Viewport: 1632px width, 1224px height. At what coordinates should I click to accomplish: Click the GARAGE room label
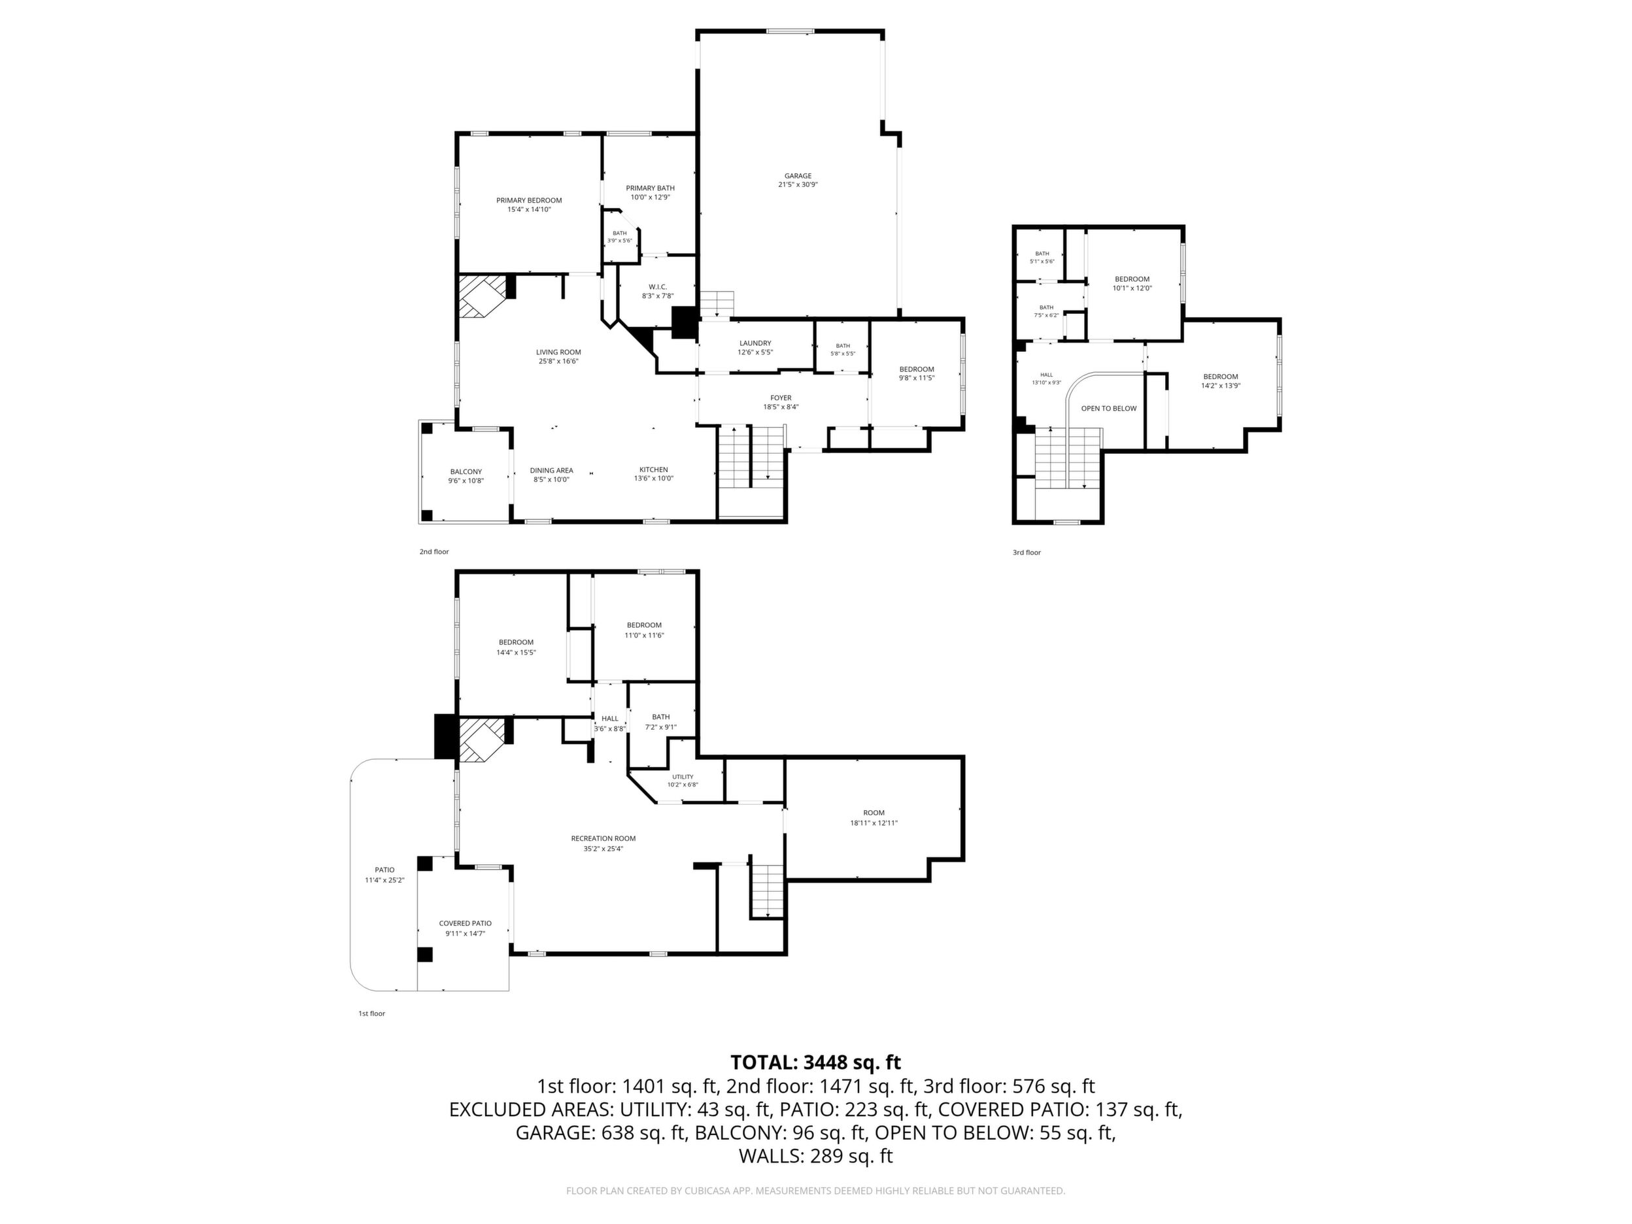(x=798, y=176)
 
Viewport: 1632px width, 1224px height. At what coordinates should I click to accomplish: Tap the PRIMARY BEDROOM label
(x=529, y=200)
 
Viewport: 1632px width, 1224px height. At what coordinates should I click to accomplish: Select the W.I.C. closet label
(x=657, y=286)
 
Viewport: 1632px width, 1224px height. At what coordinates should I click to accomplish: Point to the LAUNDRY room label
(x=755, y=343)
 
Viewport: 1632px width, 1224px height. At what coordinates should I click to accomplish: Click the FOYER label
(x=781, y=398)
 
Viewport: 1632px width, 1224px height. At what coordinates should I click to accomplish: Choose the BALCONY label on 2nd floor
(x=466, y=471)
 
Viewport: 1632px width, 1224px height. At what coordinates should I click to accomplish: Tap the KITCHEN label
(x=654, y=469)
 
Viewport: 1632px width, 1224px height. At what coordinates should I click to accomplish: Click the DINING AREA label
(x=551, y=470)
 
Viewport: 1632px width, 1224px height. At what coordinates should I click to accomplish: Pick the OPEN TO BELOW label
(x=1109, y=408)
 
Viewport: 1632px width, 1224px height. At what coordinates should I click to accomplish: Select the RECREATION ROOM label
(x=603, y=838)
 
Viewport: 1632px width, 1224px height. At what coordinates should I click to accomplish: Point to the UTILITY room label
(x=683, y=776)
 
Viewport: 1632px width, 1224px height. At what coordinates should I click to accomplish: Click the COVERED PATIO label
(x=465, y=923)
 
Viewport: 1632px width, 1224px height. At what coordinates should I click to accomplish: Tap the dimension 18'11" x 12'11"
(x=874, y=823)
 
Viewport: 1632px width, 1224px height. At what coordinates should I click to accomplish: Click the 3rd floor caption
(x=1027, y=552)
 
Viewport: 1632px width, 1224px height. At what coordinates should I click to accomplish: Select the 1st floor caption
(x=372, y=1013)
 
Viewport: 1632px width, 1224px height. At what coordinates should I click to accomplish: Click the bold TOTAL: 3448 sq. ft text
(x=815, y=1062)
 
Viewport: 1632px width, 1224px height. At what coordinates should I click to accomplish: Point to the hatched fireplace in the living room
(x=483, y=297)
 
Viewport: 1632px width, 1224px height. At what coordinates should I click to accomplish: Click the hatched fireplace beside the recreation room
(x=483, y=740)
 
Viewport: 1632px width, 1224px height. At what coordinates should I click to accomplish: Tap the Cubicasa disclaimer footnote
(x=815, y=1190)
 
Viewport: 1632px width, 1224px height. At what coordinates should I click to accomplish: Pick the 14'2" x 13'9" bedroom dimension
(x=1220, y=385)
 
